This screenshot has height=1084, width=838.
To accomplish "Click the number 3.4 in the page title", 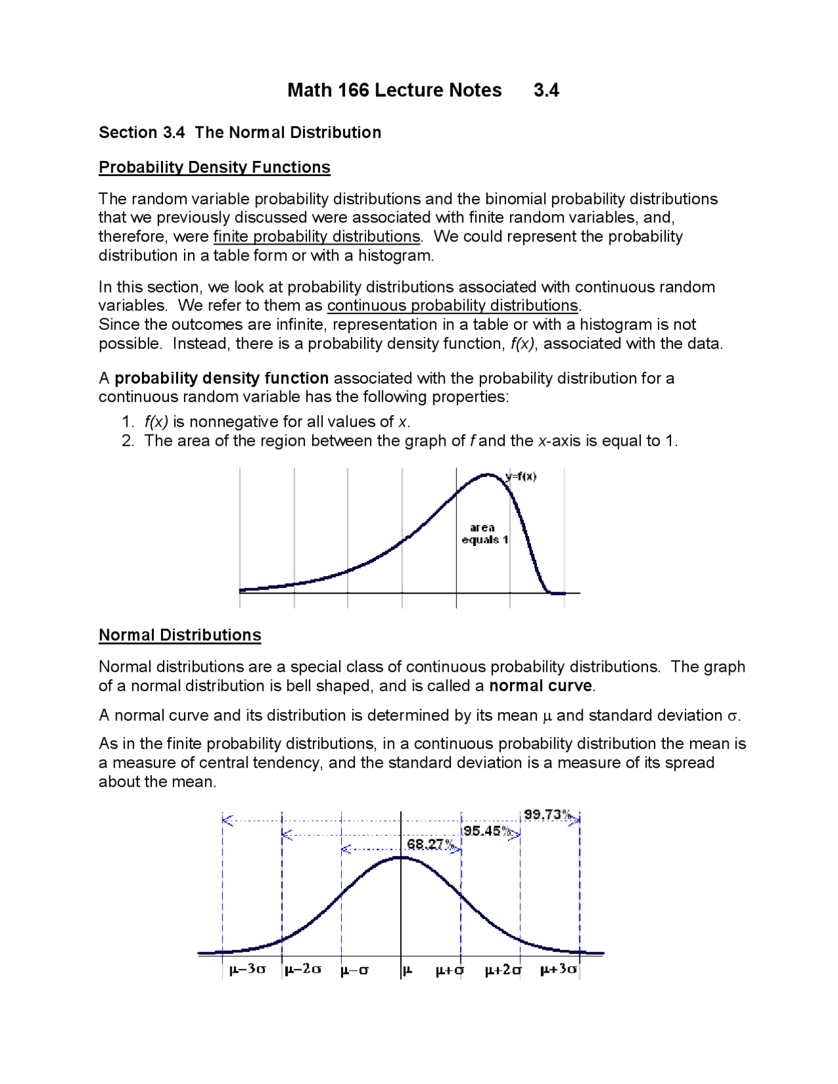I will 546,90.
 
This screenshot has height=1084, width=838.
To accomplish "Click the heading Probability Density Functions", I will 214,168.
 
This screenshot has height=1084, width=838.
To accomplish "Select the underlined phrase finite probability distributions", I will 317,236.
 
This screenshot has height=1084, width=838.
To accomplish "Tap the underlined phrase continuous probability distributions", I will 452,306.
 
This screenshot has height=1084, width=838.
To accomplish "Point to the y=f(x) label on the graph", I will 521,477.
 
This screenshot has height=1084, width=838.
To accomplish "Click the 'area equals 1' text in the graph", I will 484,533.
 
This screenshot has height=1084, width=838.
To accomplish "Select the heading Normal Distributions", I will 179,635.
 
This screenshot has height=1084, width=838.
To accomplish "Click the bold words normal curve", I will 541,686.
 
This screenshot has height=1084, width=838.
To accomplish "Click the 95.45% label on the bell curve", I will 487,831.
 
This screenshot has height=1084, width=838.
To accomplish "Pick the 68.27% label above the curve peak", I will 430,844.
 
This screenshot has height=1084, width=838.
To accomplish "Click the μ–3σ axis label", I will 247,969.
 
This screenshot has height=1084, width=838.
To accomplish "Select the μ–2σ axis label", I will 302,969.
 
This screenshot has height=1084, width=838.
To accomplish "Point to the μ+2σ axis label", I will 503,970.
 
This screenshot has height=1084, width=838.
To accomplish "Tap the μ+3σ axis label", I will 558,969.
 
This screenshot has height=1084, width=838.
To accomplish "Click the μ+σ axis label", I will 449,970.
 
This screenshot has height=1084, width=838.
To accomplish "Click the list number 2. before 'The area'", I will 128,441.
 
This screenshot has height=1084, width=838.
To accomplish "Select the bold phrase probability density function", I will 221,378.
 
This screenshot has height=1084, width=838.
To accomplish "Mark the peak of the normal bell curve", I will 401,857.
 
